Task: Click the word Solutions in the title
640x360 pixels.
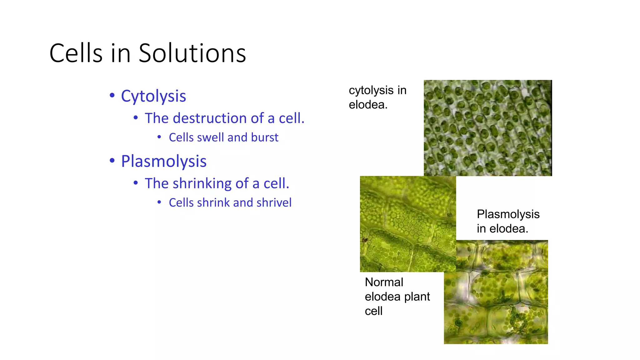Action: pyautogui.click(x=192, y=53)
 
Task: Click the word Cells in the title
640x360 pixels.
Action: pyautogui.click(x=76, y=53)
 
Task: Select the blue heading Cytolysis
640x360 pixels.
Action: pyautogui.click(x=153, y=96)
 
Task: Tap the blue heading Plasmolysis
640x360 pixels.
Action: pyautogui.click(x=164, y=161)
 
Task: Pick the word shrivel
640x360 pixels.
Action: pyautogui.click(x=274, y=202)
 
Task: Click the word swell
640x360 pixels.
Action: pyautogui.click(x=212, y=137)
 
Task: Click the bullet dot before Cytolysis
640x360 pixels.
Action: pyautogui.click(x=112, y=96)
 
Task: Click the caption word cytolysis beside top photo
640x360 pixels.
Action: pyautogui.click(x=371, y=91)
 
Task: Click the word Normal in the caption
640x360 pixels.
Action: pyautogui.click(x=384, y=282)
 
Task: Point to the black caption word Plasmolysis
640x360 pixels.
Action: pyautogui.click(x=508, y=214)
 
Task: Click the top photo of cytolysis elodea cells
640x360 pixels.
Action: pyautogui.click(x=487, y=128)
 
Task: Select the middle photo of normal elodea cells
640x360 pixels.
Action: pyautogui.click(x=407, y=224)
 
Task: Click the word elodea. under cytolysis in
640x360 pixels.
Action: pyautogui.click(x=368, y=105)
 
